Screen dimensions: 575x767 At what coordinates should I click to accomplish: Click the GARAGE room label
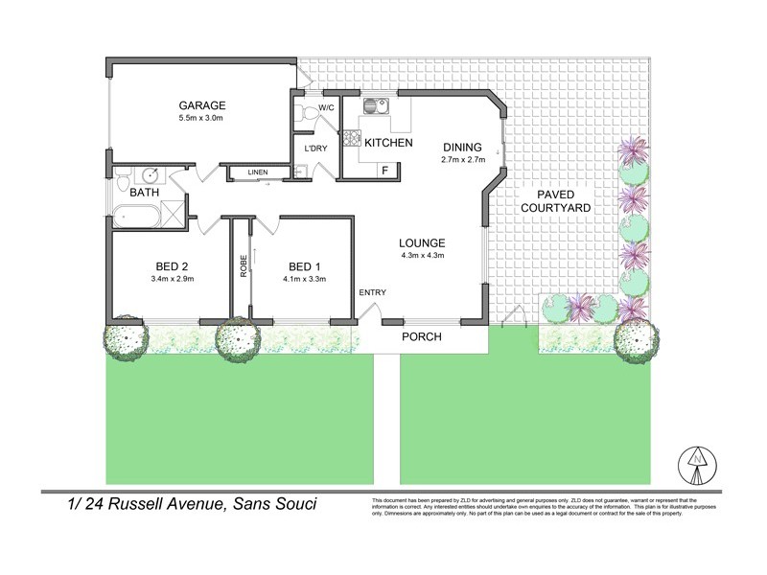point(201,104)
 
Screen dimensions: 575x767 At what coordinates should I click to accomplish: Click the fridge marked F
point(384,171)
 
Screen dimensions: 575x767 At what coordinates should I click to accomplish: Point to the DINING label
point(462,147)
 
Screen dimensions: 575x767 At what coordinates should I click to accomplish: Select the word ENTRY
point(372,291)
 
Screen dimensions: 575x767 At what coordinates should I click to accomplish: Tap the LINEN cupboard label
point(258,172)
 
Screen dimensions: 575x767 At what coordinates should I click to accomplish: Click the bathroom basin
point(149,175)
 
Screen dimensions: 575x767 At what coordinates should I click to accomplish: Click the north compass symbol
point(696,467)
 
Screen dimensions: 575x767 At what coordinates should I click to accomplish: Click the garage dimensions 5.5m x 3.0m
point(201,119)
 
